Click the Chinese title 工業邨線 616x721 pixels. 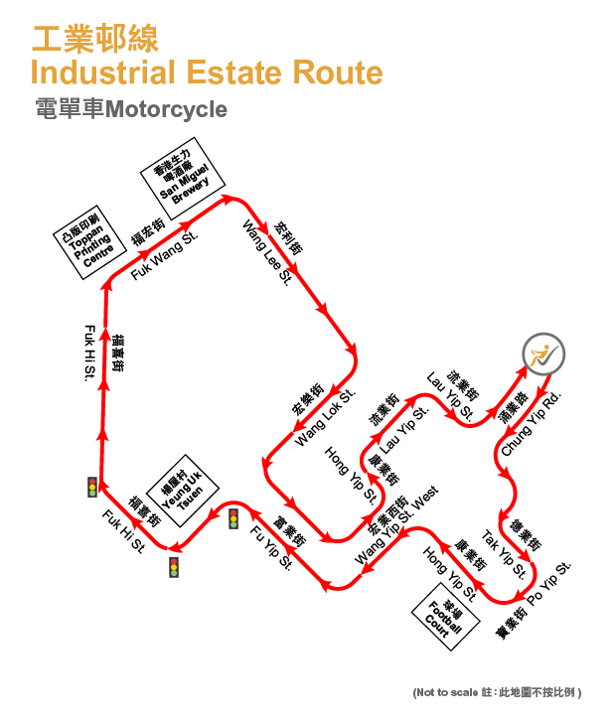click(x=94, y=39)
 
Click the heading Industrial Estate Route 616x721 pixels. click(x=207, y=73)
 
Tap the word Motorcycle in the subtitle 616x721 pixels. click(x=166, y=109)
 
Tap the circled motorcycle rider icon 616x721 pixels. click(x=543, y=355)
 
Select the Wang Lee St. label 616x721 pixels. click(x=267, y=254)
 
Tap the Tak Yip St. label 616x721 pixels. click(x=504, y=554)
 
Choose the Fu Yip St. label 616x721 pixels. click(x=270, y=549)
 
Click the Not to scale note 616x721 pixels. click(x=497, y=691)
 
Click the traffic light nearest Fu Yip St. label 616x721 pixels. click(x=233, y=518)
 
